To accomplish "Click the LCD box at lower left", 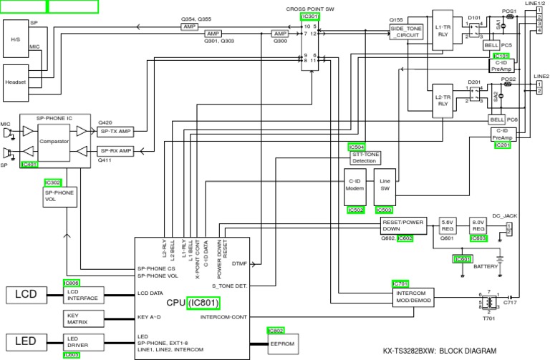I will click(x=26, y=294).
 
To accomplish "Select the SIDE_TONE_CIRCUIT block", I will click(x=406, y=31).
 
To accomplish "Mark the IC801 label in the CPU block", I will click(x=205, y=303).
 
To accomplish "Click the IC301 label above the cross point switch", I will click(x=310, y=16).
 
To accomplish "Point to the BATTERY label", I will click(x=486, y=266).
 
